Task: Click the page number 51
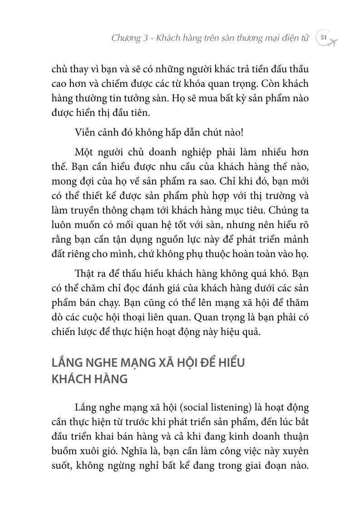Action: [324, 38]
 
